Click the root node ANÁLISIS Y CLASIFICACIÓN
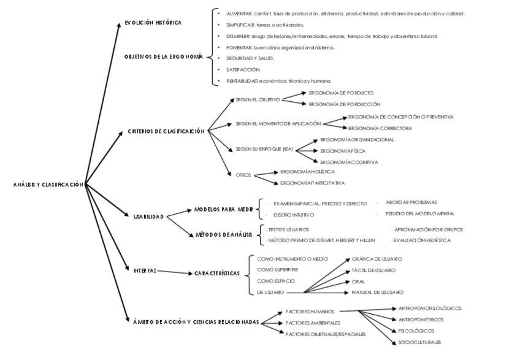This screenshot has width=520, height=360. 47,185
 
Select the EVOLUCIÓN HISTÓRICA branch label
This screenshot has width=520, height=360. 153,23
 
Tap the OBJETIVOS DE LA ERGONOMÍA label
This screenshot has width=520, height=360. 163,57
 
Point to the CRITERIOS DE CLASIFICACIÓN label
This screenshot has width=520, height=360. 166,132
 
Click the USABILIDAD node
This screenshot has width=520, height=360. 148,217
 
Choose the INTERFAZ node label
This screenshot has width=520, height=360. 145,270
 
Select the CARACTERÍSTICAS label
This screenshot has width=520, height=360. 217,274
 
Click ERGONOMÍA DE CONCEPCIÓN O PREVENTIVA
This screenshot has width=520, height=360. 401,117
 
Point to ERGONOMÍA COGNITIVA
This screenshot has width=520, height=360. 349,163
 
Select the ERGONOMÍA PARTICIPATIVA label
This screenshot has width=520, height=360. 312,183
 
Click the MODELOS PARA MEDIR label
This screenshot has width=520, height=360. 224,210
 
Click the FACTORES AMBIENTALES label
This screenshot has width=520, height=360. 313,323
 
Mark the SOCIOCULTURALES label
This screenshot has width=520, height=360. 419,343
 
